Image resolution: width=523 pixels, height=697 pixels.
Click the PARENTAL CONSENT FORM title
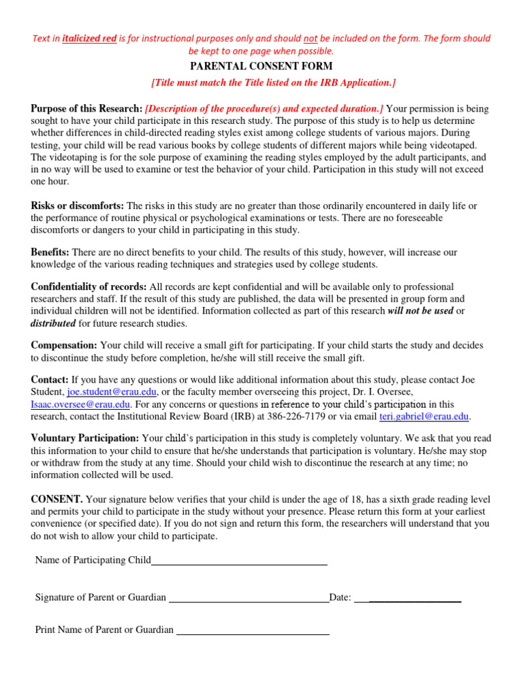point(261,66)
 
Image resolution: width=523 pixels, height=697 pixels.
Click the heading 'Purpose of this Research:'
point(86,109)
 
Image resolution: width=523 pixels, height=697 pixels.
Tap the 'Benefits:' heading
point(50,252)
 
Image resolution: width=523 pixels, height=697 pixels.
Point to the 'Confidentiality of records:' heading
point(89,287)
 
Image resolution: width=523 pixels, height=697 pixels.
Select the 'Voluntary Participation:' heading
point(85,438)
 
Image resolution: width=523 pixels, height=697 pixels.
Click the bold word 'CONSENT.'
point(57,499)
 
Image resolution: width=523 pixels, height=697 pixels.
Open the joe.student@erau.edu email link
point(110,392)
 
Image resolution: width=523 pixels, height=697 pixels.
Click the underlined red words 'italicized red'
point(89,39)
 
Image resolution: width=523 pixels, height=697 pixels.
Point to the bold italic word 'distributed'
point(53,323)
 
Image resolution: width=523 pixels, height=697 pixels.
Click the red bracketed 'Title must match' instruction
point(273,82)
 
